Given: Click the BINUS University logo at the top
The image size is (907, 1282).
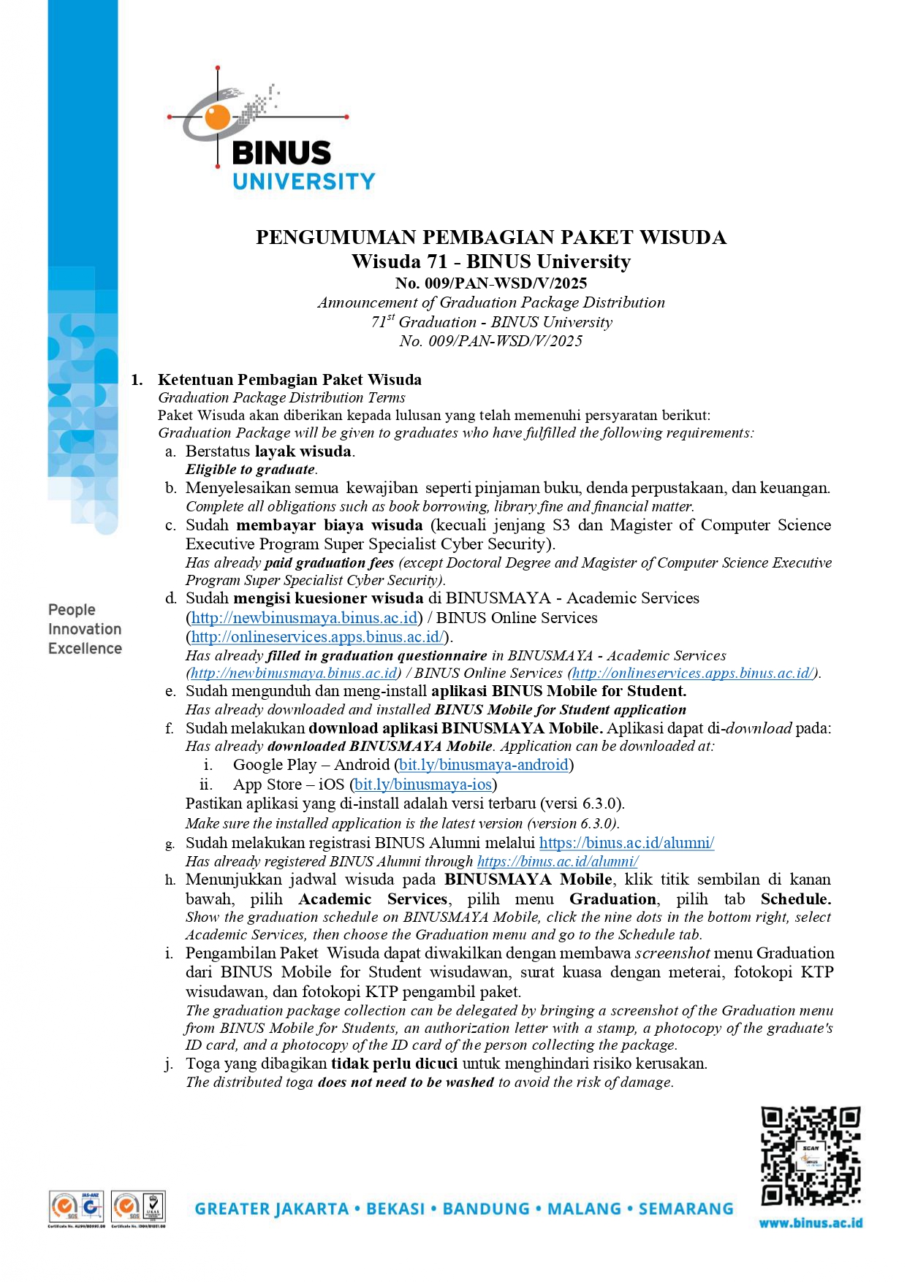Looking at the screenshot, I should pyautogui.click(x=270, y=131).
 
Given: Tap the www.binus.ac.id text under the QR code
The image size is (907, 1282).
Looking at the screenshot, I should pyautogui.click(x=811, y=1223).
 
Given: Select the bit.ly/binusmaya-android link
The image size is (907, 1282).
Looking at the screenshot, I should pyautogui.click(x=484, y=765).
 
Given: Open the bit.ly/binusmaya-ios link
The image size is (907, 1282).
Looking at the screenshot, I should pyautogui.click(x=423, y=785).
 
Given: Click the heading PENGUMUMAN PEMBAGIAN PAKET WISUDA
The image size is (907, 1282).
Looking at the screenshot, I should pyautogui.click(x=490, y=237).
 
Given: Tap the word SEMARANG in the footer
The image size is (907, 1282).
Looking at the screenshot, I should pyautogui.click(x=686, y=1209).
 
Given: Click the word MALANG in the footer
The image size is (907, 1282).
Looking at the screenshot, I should pyautogui.click(x=582, y=1209).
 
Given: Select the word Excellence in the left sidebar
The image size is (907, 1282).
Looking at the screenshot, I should pyautogui.click(x=85, y=649).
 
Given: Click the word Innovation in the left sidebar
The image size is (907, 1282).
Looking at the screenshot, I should pyautogui.click(x=85, y=629).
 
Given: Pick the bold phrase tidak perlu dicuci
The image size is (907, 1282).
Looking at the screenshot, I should pyautogui.click(x=395, y=1064).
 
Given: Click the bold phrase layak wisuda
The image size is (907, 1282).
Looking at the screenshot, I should pyautogui.click(x=303, y=451).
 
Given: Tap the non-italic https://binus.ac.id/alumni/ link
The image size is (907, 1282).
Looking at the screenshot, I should pyautogui.click(x=626, y=843).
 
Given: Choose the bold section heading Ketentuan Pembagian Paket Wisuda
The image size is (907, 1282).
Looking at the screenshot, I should pyautogui.click(x=289, y=380).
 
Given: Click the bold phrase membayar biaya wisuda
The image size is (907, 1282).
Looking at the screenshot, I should pyautogui.click(x=330, y=525).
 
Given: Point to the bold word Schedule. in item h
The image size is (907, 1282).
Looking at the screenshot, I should pyautogui.click(x=795, y=899).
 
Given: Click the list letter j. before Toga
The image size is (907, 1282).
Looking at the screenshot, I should pyautogui.click(x=169, y=1064).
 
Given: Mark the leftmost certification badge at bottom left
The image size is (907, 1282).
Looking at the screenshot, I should pyautogui.click(x=76, y=1207).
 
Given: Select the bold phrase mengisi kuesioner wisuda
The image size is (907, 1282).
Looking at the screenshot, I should pyautogui.click(x=330, y=598).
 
